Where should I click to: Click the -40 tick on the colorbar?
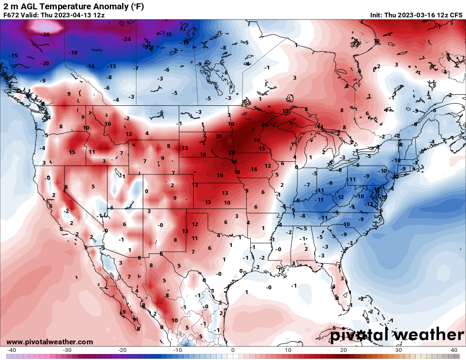(x=12, y=350)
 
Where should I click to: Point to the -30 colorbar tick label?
(x=67, y=350)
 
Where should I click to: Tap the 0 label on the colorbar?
(x=233, y=350)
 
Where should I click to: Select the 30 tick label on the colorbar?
(x=399, y=350)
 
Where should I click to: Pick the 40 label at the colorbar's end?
(x=454, y=350)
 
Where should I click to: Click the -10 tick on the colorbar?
(x=178, y=350)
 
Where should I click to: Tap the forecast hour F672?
(x=11, y=15)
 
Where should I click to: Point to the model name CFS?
(x=456, y=15)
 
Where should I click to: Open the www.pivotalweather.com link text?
(x=50, y=342)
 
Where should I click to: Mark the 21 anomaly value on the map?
(x=264, y=125)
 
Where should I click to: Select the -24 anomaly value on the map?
(x=126, y=39)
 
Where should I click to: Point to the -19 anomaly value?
(x=73, y=53)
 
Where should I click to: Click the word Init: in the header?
(x=376, y=15)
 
